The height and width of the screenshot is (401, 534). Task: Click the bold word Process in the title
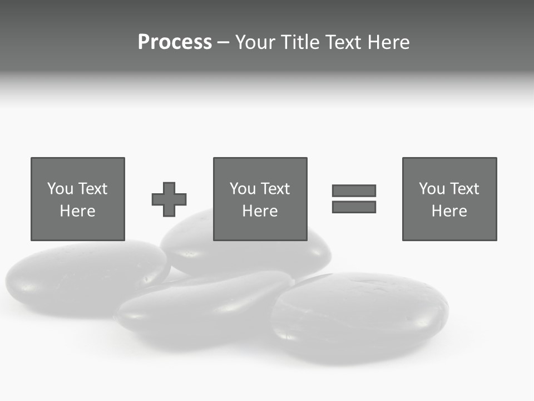tap(175, 42)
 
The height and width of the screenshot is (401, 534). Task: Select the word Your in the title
tap(255, 42)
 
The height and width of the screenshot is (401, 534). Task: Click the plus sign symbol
tap(169, 199)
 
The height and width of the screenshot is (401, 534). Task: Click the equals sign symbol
tap(354, 199)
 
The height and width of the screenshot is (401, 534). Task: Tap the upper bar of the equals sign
tap(354, 191)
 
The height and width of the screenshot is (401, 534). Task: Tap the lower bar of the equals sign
tap(354, 207)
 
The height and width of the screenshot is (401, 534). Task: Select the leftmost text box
tap(78, 199)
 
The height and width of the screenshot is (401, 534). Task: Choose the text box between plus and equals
tap(260, 199)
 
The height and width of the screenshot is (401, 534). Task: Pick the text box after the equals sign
tap(449, 199)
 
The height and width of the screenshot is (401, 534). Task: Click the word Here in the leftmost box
tap(77, 211)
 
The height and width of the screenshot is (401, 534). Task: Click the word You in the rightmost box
tap(432, 189)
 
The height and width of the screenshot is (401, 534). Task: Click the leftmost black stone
tap(83, 278)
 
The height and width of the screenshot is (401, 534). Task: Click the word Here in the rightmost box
tap(449, 211)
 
